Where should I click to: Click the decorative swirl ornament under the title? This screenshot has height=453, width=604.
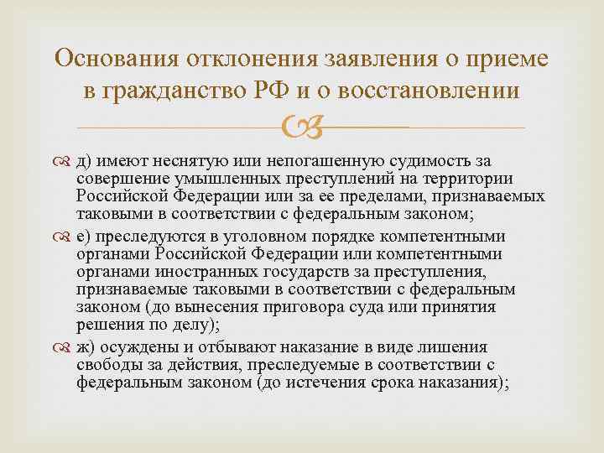point(302,128)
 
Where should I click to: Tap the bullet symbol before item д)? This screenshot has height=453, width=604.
point(64,160)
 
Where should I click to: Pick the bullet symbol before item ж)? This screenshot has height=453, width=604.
point(64,348)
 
